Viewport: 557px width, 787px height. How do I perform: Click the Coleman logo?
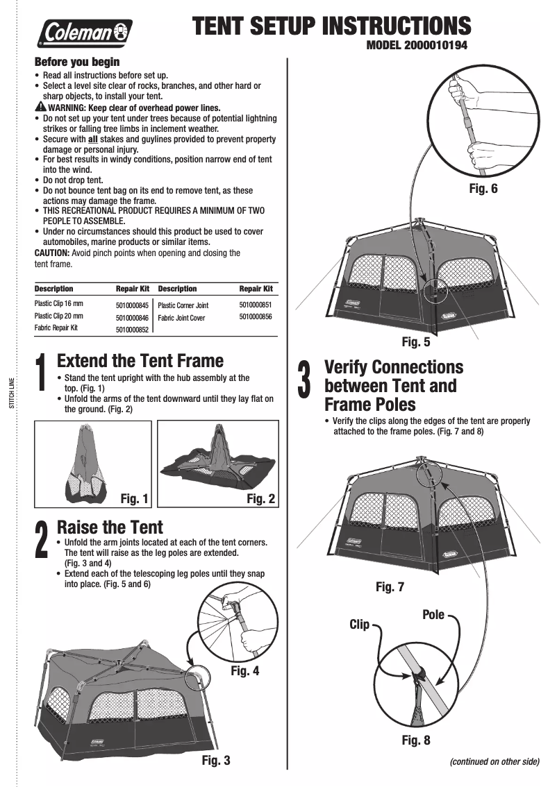(x=85, y=32)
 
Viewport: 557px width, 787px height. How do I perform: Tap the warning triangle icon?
(x=40, y=108)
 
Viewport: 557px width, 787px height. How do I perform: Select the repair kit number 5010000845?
(x=132, y=305)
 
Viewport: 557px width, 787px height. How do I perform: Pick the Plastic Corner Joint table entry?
(x=183, y=305)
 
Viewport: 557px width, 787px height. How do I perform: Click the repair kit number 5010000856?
(x=255, y=316)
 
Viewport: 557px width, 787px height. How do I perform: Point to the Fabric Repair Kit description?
(x=56, y=328)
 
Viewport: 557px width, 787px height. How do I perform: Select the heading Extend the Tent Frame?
(x=140, y=361)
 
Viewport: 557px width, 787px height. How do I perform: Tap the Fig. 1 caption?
(x=135, y=498)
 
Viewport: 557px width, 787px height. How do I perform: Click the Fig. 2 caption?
(x=260, y=498)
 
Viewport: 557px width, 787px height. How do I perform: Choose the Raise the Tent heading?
(x=110, y=527)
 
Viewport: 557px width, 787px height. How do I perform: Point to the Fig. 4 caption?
(x=244, y=671)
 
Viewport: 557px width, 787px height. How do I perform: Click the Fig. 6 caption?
(x=483, y=188)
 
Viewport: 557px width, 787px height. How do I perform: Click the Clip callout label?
(x=359, y=625)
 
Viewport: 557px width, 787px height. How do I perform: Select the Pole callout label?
(x=433, y=615)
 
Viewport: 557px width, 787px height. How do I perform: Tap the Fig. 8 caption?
(x=416, y=741)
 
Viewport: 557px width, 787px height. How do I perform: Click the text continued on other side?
(x=494, y=761)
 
